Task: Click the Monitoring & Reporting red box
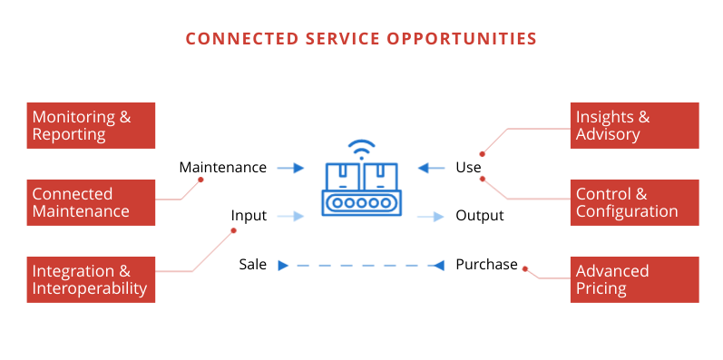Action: coord(90,125)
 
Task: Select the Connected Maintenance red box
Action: coord(90,202)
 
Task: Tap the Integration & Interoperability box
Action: coord(90,279)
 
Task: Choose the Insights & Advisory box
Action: coord(635,125)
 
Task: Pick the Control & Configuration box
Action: coord(635,202)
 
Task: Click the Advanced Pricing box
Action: coord(635,279)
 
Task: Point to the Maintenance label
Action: coord(222,168)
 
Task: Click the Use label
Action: coord(468,168)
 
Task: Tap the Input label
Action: coord(249,216)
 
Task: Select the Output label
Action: coord(479,216)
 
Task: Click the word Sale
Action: coord(253,265)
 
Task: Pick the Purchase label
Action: coord(486,265)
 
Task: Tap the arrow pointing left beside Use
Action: coord(432,168)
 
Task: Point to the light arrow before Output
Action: coord(432,216)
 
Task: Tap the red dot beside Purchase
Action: coord(525,268)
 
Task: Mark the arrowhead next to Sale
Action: coord(282,266)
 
